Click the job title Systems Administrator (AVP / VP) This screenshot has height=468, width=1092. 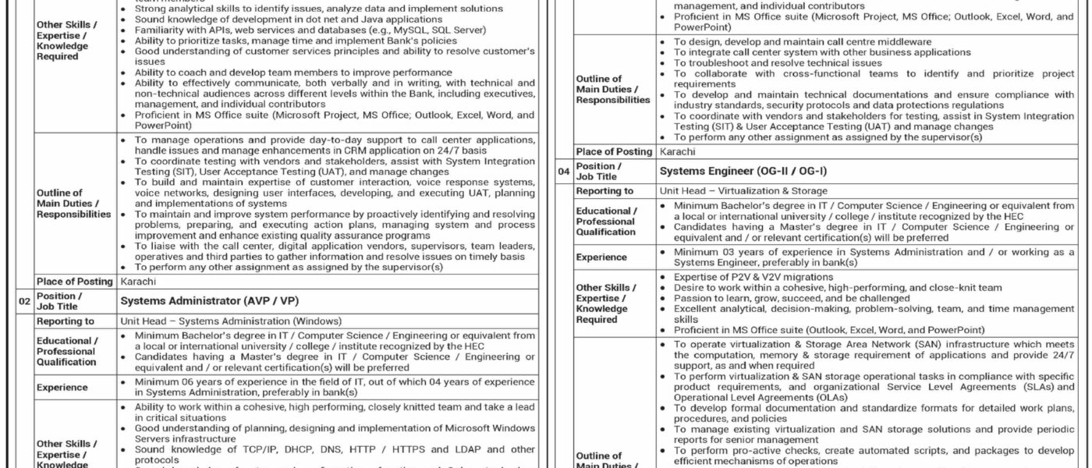coord(210,300)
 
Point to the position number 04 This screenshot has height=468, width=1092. coord(563,171)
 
